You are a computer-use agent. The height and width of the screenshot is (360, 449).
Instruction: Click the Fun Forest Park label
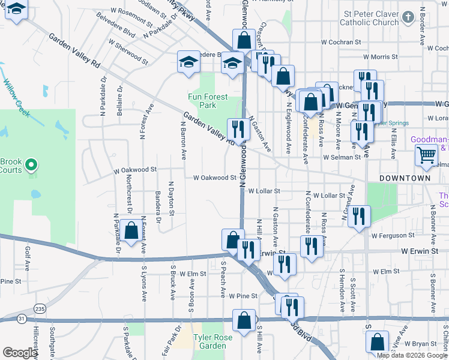(x=208, y=101)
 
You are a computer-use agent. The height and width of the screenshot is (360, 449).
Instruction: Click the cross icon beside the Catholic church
(x=409, y=17)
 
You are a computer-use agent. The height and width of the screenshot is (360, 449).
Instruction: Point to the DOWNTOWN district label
(x=405, y=179)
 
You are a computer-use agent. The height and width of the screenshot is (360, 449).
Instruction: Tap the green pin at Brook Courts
(x=32, y=164)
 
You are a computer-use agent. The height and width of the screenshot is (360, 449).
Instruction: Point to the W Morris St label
(x=372, y=56)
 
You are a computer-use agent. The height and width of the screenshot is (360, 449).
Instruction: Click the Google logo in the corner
(x=20, y=353)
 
